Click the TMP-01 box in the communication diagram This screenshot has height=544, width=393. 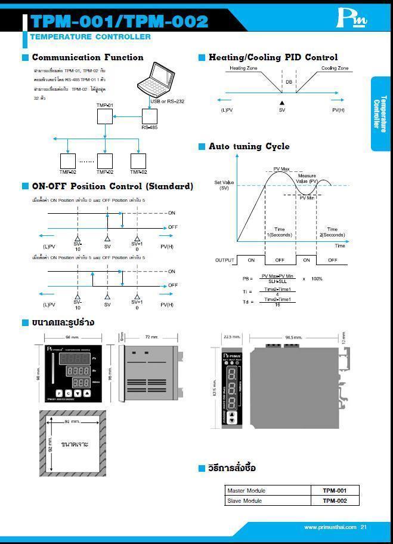pos(105,115)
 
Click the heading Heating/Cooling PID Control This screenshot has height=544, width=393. pos(273,57)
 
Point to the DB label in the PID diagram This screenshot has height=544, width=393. pos(289,82)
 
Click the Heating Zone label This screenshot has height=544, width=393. pos(244,69)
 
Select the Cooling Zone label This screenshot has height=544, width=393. pos(335,69)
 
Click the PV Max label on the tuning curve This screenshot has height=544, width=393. pos(281,170)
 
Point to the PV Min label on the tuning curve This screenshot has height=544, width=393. pos(307,198)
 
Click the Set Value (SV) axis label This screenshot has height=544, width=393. pos(224,185)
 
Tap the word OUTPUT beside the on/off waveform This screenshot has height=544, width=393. pos(224,260)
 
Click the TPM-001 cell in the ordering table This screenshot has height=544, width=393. pos(335,490)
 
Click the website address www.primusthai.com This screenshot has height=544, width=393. pos(330,527)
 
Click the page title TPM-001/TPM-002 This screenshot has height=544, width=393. pos(119,21)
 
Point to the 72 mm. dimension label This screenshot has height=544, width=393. pos(151,337)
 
